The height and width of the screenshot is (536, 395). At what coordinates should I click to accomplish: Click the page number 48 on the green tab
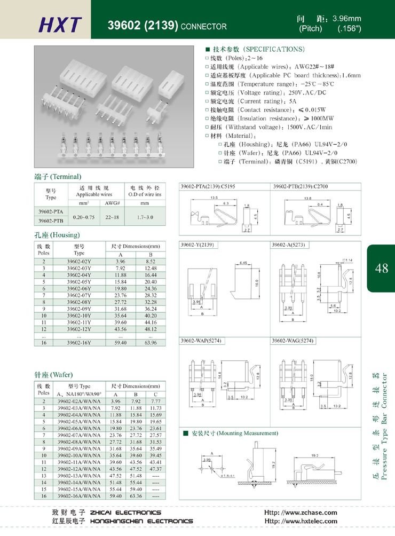click(x=382, y=268)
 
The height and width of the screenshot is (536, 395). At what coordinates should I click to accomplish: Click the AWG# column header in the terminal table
click(x=112, y=203)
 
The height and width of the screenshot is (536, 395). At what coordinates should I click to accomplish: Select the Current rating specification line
click(x=251, y=101)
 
